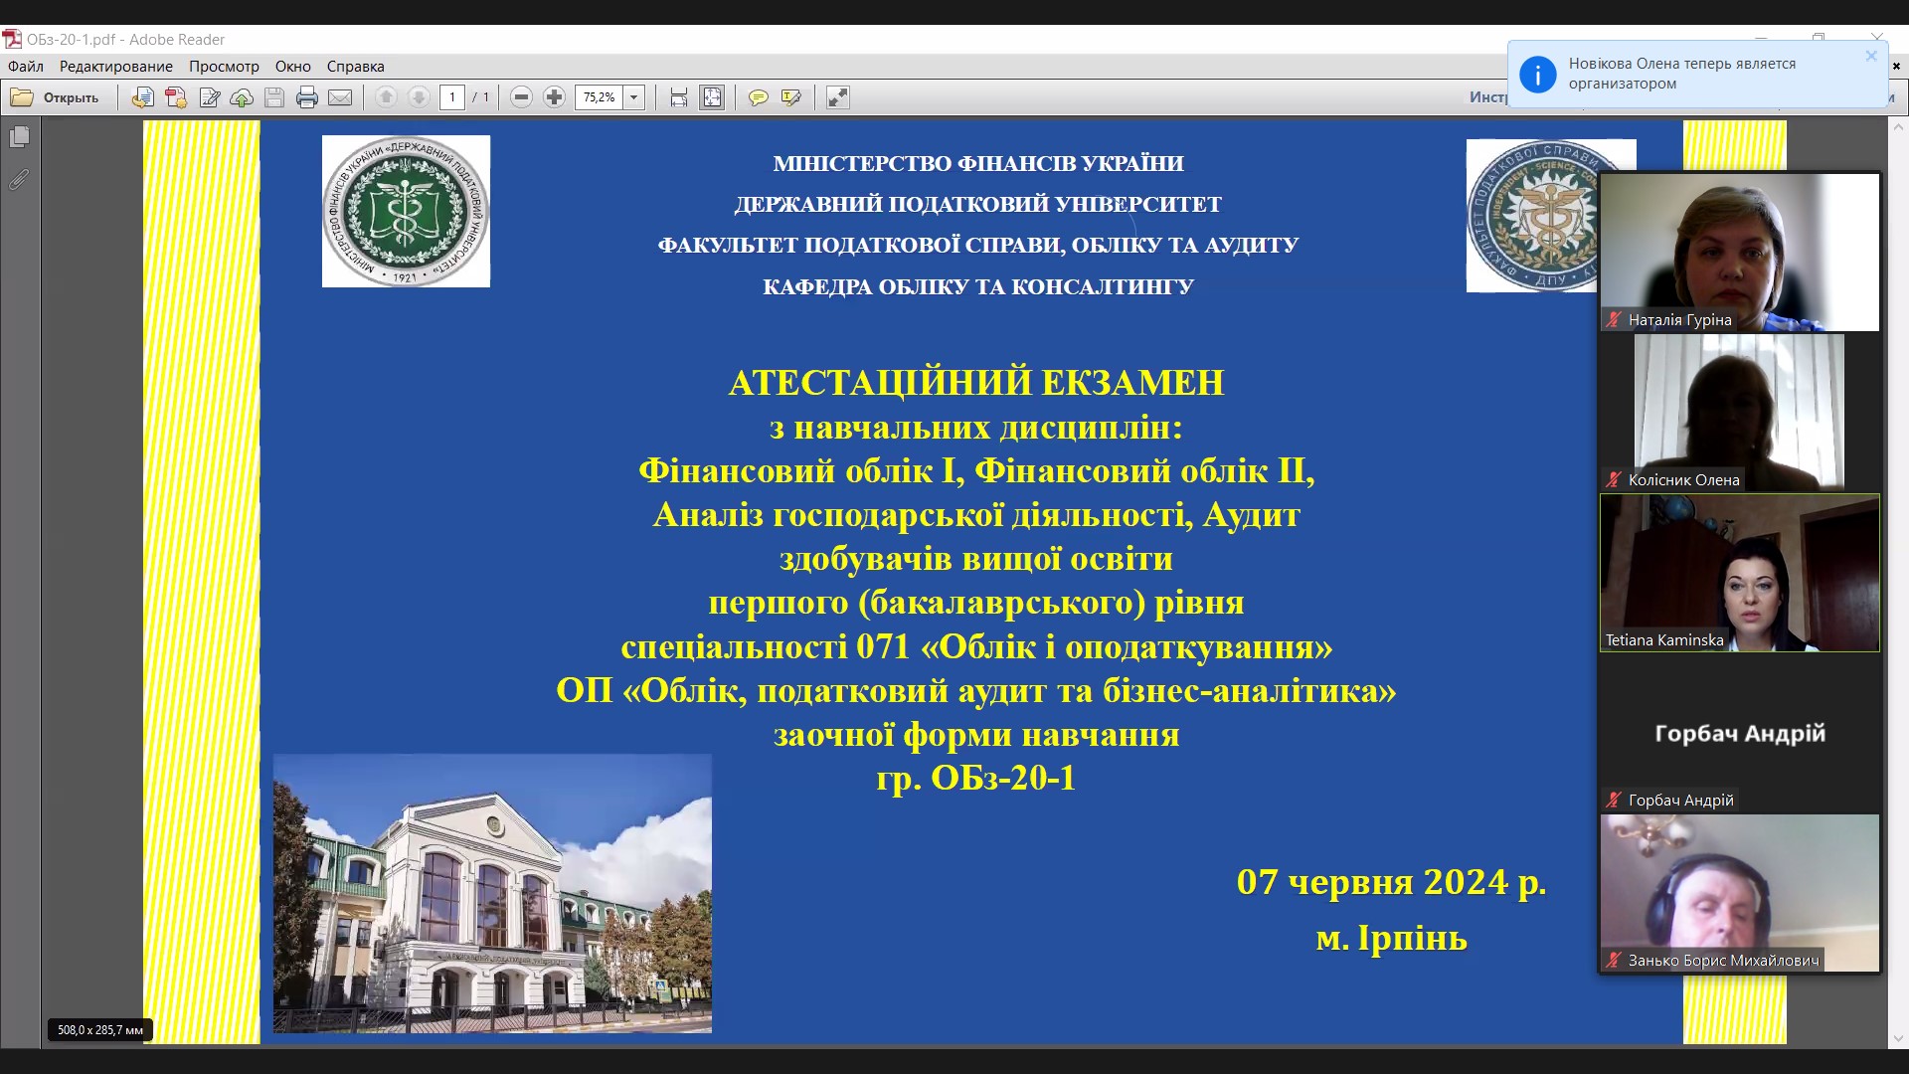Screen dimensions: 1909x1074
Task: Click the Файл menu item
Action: click(26, 67)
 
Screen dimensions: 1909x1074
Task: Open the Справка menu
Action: click(355, 67)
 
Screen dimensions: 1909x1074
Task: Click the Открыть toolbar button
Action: click(56, 97)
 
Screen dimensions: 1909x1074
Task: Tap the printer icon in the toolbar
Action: click(307, 97)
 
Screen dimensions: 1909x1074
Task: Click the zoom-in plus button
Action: click(555, 97)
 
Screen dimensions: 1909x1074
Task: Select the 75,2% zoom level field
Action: click(599, 97)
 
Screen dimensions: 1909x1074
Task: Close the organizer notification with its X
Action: click(1871, 56)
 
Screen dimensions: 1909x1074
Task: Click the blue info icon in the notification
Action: click(1537, 75)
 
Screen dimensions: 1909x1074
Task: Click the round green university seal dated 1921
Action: click(406, 211)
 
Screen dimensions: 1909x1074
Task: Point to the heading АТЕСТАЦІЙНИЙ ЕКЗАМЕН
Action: click(976, 383)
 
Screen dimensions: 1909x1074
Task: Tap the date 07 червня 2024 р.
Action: click(1391, 882)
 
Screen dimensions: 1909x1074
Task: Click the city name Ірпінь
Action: click(1412, 938)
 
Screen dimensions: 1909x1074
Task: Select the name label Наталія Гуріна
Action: click(1679, 320)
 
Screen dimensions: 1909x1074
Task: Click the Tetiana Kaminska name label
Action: click(1664, 640)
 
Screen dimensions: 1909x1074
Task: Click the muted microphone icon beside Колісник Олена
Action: click(1614, 479)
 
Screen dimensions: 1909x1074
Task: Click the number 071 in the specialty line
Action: click(883, 647)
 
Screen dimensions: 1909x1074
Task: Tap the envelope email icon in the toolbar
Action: click(340, 97)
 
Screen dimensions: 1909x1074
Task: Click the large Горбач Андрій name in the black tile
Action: click(1740, 734)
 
